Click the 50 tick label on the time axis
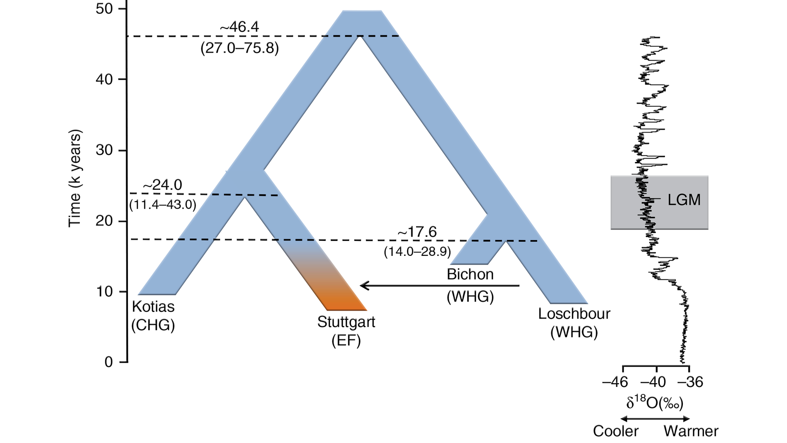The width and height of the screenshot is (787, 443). click(104, 9)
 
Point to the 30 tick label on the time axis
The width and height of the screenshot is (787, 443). click(104, 150)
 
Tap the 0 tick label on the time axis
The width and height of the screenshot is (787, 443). click(109, 362)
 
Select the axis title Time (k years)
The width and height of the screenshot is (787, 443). click(75, 179)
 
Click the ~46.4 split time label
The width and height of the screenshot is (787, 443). click(239, 27)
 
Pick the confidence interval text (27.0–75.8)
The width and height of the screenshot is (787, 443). click(239, 48)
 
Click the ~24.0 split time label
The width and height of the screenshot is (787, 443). click(162, 185)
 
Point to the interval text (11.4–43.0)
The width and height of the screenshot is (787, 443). click(163, 205)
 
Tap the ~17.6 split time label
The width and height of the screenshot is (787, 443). click(417, 232)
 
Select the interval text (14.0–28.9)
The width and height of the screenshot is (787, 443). click(417, 252)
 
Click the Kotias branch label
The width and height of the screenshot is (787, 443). click(153, 307)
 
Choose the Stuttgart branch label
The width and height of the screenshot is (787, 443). click(346, 322)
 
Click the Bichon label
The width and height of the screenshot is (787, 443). click(470, 274)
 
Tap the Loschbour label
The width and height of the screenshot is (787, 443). click(574, 314)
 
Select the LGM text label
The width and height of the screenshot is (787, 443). click(684, 200)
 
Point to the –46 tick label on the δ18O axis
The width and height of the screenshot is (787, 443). click(615, 382)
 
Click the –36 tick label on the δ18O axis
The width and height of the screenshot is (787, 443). click(690, 382)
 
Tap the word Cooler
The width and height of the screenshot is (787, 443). click(616, 431)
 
